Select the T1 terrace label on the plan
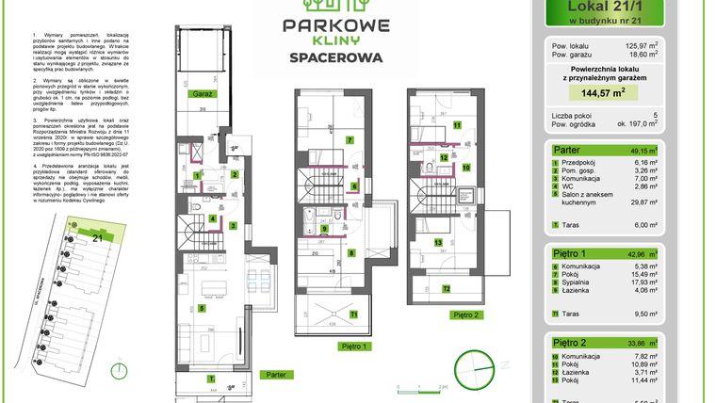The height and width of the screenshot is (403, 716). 353,313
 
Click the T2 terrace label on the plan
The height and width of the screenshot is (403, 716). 447,288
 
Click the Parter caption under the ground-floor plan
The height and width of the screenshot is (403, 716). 276,374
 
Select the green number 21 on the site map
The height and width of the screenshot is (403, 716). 96,239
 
